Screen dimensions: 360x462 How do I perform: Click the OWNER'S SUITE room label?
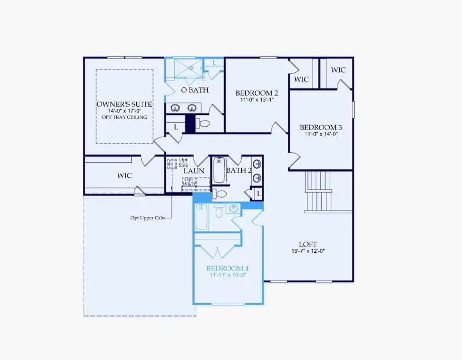coord(124,104)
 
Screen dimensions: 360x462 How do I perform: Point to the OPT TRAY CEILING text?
coord(124,117)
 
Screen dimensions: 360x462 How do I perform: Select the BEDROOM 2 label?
coord(256,93)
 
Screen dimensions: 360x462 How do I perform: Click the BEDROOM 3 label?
coord(321,126)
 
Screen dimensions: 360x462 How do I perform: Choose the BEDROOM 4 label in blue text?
coord(227,268)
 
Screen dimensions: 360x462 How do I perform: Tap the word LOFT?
coord(307,243)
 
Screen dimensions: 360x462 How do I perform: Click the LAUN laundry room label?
coord(195,171)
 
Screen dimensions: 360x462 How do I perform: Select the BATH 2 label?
coord(239,170)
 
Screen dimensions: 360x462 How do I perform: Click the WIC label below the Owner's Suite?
coord(125,176)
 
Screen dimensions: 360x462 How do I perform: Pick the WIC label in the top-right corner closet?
coord(338,70)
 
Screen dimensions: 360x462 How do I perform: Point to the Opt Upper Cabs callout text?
coord(148,217)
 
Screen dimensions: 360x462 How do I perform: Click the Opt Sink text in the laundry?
coord(183,162)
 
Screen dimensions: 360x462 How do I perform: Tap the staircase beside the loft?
coord(319,191)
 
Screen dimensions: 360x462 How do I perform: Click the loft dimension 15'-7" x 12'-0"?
coord(307,251)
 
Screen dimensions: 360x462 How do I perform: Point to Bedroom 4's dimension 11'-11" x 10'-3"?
coord(227,274)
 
